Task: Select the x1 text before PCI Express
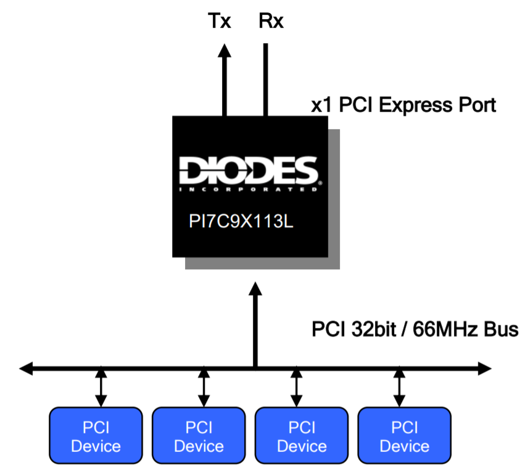click(323, 106)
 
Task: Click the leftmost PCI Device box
click(96, 436)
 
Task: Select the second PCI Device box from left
click(199, 436)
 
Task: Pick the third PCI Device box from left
click(302, 436)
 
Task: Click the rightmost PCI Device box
click(404, 436)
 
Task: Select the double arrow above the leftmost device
click(99, 387)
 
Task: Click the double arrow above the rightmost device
click(399, 387)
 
